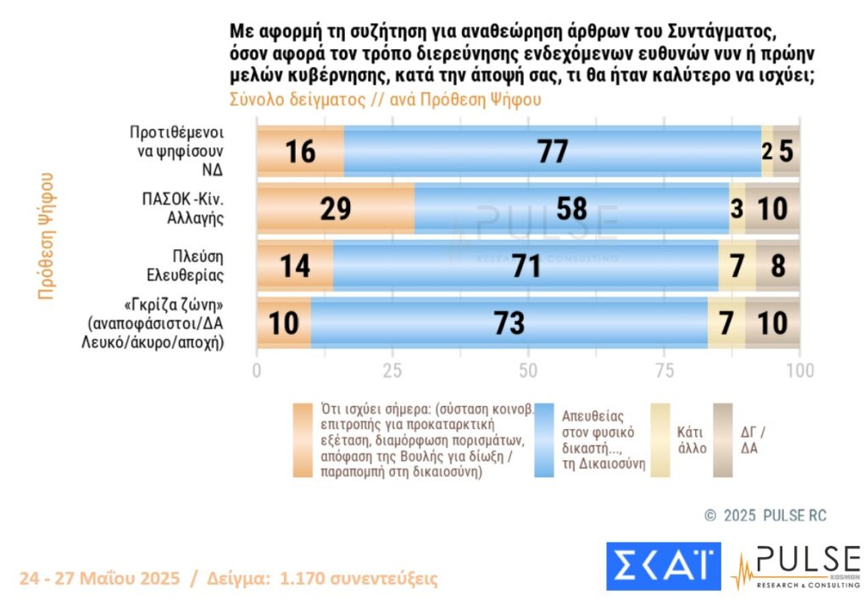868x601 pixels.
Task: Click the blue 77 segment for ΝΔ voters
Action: (x=552, y=152)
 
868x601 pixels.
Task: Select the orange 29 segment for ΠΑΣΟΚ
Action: (x=336, y=208)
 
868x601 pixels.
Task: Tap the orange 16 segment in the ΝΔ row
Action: (x=300, y=152)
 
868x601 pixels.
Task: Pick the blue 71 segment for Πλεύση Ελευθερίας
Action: (x=526, y=265)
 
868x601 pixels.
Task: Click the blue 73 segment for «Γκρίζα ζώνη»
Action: (x=509, y=322)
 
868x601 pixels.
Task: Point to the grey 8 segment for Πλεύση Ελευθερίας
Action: (x=777, y=265)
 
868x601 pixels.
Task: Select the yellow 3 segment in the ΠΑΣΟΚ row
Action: (x=737, y=208)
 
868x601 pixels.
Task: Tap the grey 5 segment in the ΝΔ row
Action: (x=787, y=152)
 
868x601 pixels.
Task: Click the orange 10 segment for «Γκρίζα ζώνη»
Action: (x=284, y=322)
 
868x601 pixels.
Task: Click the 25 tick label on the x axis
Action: (x=392, y=370)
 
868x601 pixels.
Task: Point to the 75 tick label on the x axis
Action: (x=664, y=370)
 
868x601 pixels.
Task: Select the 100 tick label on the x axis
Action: (x=799, y=370)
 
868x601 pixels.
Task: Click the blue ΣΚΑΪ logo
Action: (x=663, y=566)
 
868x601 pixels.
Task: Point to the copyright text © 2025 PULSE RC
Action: (x=765, y=515)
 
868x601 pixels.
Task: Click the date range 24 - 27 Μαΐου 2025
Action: (x=99, y=579)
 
